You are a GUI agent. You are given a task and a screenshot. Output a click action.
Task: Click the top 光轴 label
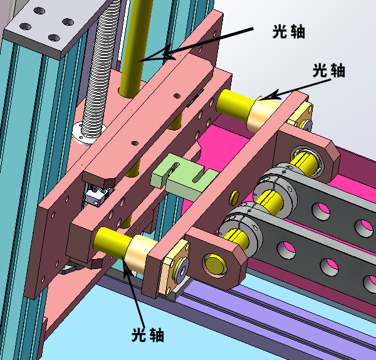(289, 31)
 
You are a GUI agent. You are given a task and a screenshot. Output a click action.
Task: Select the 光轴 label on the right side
(329, 70)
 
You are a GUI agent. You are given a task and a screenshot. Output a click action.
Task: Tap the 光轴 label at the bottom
(148, 335)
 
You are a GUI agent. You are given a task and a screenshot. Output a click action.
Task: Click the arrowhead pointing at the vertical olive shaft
(156, 55)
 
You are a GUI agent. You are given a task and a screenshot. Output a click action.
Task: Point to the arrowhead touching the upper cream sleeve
(269, 95)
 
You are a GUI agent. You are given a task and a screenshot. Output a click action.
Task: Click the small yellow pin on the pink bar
(234, 198)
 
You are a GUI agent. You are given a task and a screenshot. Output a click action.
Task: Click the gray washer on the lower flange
(182, 271)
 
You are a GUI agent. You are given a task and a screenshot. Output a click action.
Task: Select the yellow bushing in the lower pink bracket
(215, 265)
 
